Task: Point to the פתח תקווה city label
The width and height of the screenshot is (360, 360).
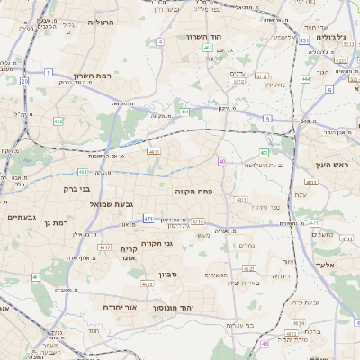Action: [193, 192]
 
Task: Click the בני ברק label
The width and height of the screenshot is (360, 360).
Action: [77, 189]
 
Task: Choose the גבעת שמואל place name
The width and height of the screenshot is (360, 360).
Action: [112, 205]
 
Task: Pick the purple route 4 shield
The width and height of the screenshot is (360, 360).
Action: [160, 42]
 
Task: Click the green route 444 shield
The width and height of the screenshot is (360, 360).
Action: [306, 79]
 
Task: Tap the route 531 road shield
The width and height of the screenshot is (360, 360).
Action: [302, 40]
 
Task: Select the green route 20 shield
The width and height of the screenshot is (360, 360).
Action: [24, 82]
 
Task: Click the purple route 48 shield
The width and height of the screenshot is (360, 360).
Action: [265, 344]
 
